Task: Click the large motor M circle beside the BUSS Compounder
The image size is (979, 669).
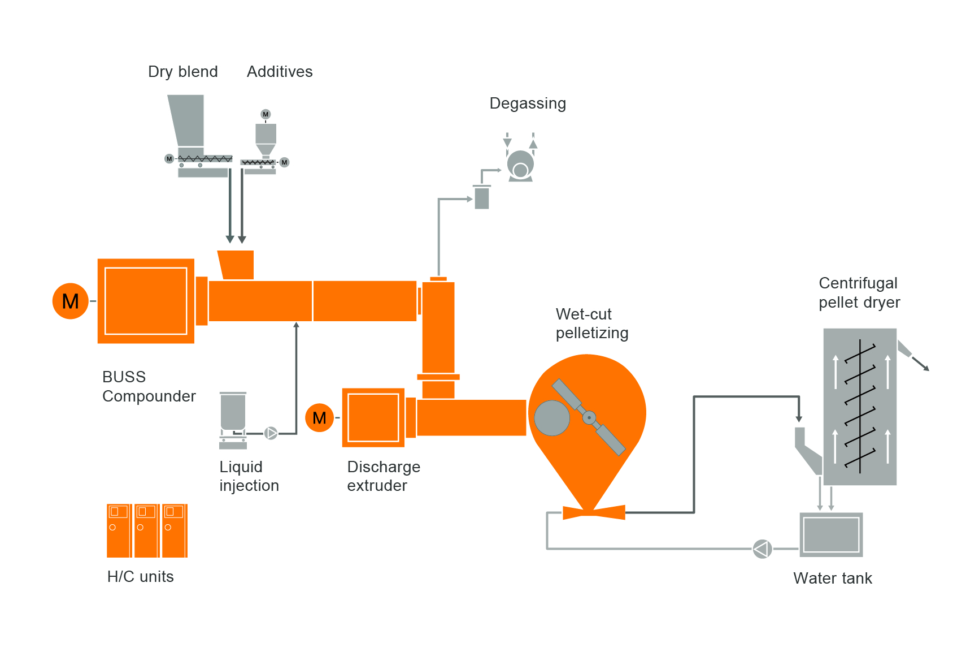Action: (x=71, y=301)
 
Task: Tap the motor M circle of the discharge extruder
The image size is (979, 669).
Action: (x=319, y=418)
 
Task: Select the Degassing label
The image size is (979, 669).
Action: (x=528, y=103)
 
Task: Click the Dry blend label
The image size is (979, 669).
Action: (x=182, y=72)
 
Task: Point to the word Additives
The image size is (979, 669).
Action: (x=280, y=72)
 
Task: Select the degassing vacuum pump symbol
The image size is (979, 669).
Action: (x=520, y=166)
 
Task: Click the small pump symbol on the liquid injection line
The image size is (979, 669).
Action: (x=271, y=433)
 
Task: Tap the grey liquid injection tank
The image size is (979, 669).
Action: (x=233, y=412)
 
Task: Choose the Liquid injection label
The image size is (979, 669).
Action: (x=249, y=476)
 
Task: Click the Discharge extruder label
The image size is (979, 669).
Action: (x=384, y=476)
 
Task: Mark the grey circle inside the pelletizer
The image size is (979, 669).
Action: (x=552, y=418)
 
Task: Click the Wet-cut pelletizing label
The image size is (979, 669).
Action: (x=591, y=323)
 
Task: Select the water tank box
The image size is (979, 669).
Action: (x=831, y=535)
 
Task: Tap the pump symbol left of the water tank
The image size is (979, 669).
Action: (x=762, y=549)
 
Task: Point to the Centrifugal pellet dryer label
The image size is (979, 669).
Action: (x=859, y=292)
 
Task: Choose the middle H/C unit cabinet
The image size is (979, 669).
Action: (x=146, y=530)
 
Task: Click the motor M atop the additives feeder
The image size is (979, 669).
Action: (x=266, y=114)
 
